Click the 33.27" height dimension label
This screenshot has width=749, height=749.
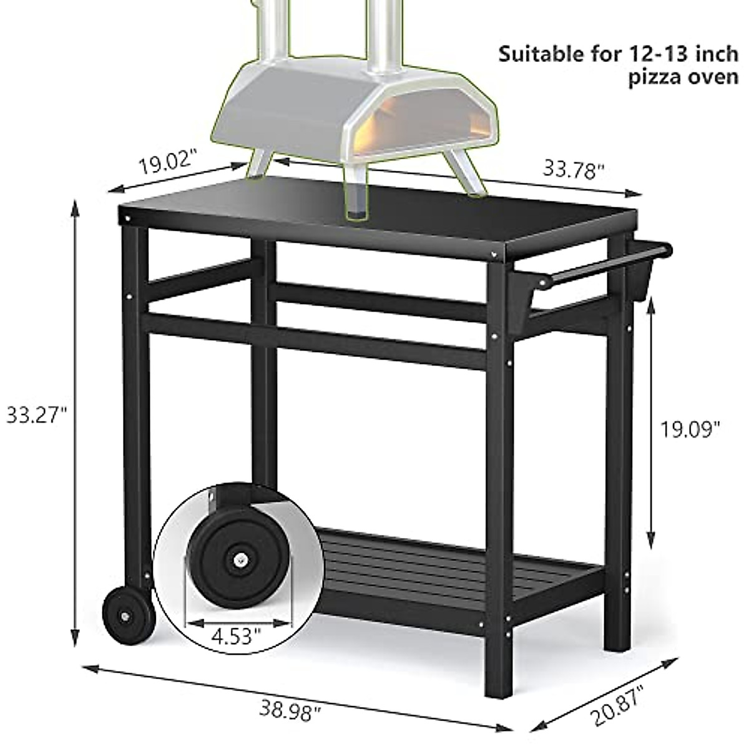point(36,414)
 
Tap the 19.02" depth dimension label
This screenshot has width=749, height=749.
point(167,163)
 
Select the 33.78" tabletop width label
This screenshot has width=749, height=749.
point(574,169)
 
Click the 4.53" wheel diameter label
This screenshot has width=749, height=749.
point(235,637)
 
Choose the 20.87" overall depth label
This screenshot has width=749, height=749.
point(618,705)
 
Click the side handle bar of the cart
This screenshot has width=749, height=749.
point(599,268)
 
